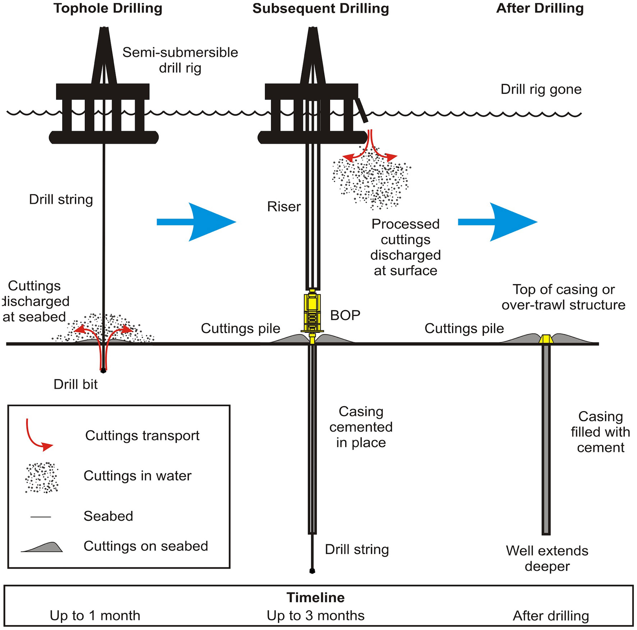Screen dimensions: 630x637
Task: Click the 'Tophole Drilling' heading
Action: point(108,8)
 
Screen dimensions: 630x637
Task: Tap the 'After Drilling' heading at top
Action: point(540,8)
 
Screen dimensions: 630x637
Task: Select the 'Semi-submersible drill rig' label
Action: point(180,60)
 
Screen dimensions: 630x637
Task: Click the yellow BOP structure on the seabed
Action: point(312,312)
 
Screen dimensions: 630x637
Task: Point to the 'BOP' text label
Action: point(345,315)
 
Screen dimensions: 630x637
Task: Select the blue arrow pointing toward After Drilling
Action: point(498,222)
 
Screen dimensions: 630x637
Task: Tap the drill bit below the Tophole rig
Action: point(104,370)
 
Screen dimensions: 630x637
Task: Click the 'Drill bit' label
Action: point(75,384)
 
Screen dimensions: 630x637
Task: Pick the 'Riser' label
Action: point(284,207)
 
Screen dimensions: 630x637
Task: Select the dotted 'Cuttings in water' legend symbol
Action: point(42,477)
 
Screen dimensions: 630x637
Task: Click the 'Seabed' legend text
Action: point(108,516)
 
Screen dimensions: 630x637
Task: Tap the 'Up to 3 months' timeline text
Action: point(315,615)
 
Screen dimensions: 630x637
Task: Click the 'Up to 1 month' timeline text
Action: point(95,615)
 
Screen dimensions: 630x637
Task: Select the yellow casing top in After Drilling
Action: point(546,339)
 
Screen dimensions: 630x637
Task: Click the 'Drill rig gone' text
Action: point(541,89)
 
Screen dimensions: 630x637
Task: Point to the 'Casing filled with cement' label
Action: point(600,432)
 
